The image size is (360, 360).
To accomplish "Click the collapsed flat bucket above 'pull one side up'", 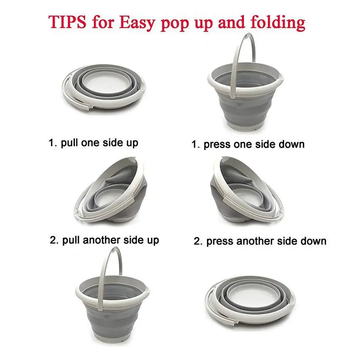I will click(106, 89).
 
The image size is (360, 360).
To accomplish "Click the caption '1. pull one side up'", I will click(93, 143).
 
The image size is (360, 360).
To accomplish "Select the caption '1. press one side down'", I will click(248, 144).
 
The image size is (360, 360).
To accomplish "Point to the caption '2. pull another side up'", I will click(104, 240).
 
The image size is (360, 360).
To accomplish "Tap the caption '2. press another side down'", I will click(260, 241).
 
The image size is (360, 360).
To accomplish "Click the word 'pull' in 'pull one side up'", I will click(68, 143).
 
